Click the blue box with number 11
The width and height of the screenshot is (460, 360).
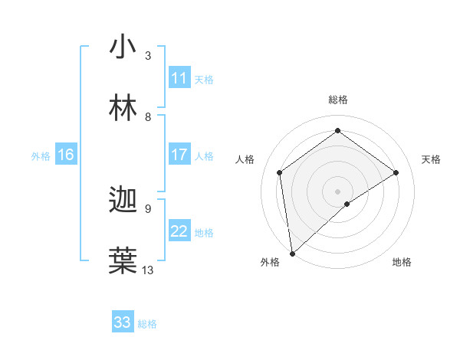pos(179,78)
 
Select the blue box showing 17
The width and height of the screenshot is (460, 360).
pos(179,155)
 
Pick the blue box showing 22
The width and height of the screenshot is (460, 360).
pos(179,231)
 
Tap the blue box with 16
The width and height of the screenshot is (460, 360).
pos(66,155)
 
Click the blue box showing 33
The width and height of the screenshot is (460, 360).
pos(123,322)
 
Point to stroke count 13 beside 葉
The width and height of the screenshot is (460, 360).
pos(148,270)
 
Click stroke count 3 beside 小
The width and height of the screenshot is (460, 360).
pos(148,55)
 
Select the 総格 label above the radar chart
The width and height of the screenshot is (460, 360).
pos(337,100)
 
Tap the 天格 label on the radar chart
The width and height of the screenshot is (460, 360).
pos(431,159)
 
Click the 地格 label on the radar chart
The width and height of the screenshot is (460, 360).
pos(402,262)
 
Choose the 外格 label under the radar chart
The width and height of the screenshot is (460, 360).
pos(270,262)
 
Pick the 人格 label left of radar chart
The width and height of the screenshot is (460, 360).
pos(245,159)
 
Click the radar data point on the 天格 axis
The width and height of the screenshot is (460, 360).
pos(396,172)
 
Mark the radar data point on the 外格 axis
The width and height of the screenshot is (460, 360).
pos(292,253)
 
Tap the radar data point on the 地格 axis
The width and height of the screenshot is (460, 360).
pos(347,204)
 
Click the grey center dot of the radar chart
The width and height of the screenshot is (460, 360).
pos(337,191)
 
